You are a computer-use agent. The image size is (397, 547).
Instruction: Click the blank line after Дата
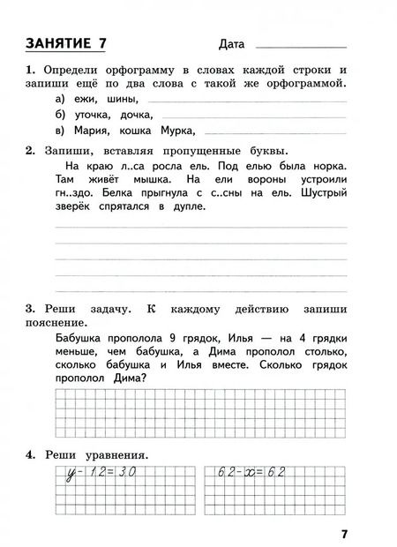point(300,46)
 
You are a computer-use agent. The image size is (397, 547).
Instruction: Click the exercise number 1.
point(29,70)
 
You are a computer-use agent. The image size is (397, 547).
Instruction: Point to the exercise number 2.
point(29,150)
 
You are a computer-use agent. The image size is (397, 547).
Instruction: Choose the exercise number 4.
point(29,454)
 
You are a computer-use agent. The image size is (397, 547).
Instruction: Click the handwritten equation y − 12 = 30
point(94,473)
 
